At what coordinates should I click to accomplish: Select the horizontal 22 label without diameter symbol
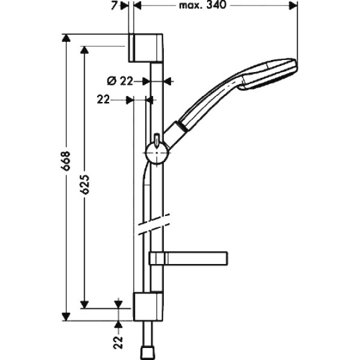(x=103, y=100)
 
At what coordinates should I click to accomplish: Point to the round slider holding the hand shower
(x=157, y=152)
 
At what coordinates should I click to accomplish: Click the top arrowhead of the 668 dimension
(x=67, y=38)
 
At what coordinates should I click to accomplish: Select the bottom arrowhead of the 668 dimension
(x=67, y=317)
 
